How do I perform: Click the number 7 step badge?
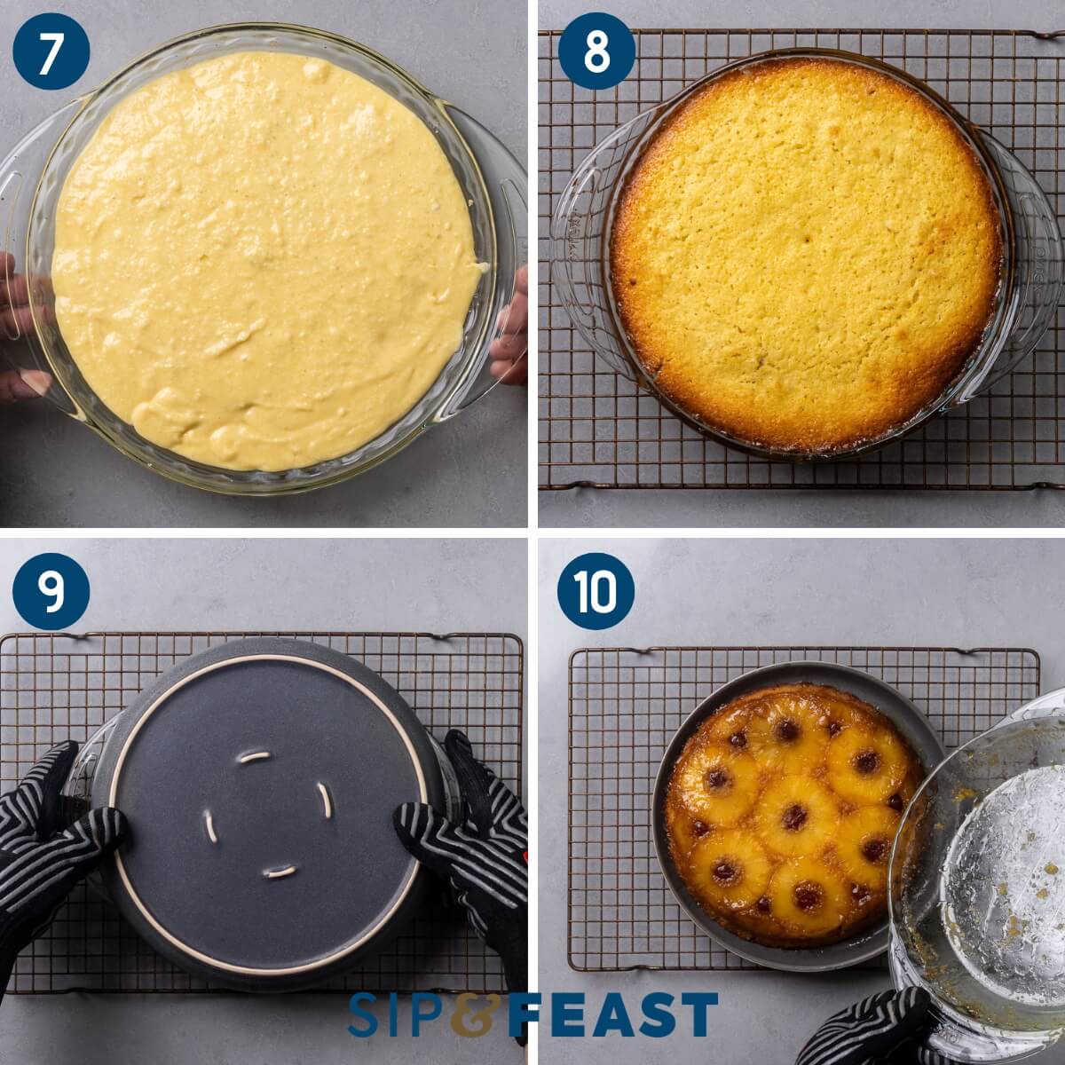coord(51,51)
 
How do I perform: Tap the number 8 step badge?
coord(596,51)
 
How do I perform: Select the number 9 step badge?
coord(51,591)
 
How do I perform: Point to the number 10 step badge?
coord(596,591)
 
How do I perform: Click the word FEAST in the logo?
coord(612,1014)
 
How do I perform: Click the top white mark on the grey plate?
coord(254,757)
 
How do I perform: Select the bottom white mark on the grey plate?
coord(280,872)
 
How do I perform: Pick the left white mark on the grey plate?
coord(211,826)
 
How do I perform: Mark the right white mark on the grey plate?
coord(325,800)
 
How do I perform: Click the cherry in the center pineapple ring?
coord(793,816)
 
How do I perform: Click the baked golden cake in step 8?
coord(806,253)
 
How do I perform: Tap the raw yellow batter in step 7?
coord(266,257)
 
